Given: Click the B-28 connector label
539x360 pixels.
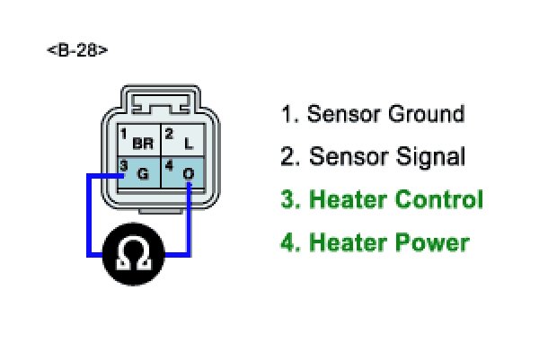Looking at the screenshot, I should (77, 51).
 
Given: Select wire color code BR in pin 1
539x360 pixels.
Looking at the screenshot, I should (143, 144).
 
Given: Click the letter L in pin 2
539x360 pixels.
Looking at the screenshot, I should (189, 144).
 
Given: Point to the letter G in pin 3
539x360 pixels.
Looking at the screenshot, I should (142, 173).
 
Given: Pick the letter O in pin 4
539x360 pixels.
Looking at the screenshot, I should (189, 173).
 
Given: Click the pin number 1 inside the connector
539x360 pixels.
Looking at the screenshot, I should (123, 134).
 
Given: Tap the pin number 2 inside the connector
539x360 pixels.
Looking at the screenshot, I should (168, 134).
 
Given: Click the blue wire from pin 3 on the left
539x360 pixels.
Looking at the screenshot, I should (88, 215).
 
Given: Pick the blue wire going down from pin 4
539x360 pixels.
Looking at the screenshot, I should (189, 215).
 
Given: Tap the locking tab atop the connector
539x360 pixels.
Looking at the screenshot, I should (160, 98).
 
